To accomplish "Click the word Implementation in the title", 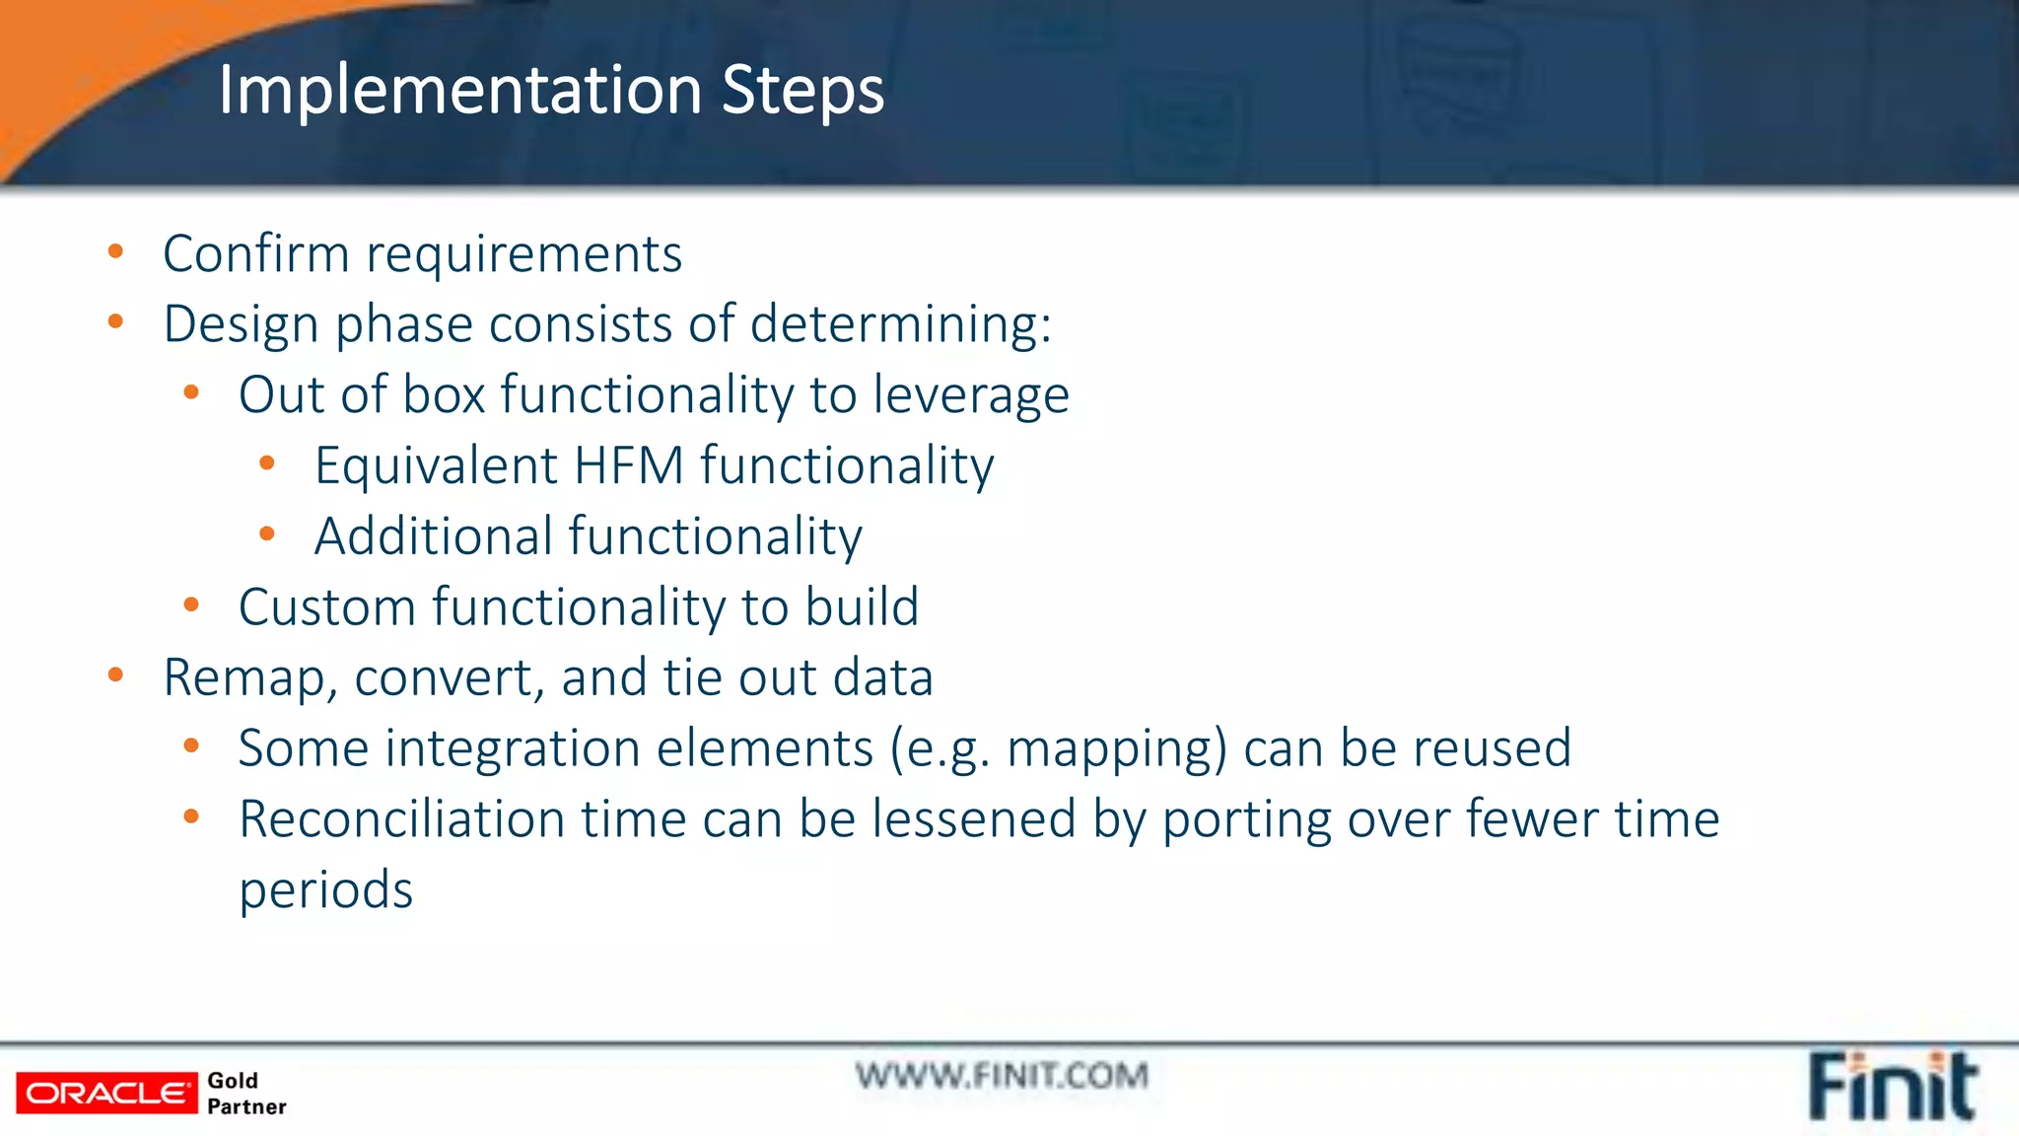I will [x=459, y=91].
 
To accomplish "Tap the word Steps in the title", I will [x=802, y=91].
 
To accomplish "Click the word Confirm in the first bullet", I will [x=255, y=254].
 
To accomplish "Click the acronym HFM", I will [x=628, y=465].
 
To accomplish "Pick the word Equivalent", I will [x=436, y=466].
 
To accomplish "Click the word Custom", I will [x=326, y=607].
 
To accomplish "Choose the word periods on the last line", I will [x=325, y=891].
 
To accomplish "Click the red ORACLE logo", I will [x=106, y=1094].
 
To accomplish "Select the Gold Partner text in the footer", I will [x=245, y=1094].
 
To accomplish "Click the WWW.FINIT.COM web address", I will [x=1002, y=1076].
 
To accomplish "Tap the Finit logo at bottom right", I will [x=1892, y=1087].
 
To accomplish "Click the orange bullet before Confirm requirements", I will [x=115, y=251].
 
